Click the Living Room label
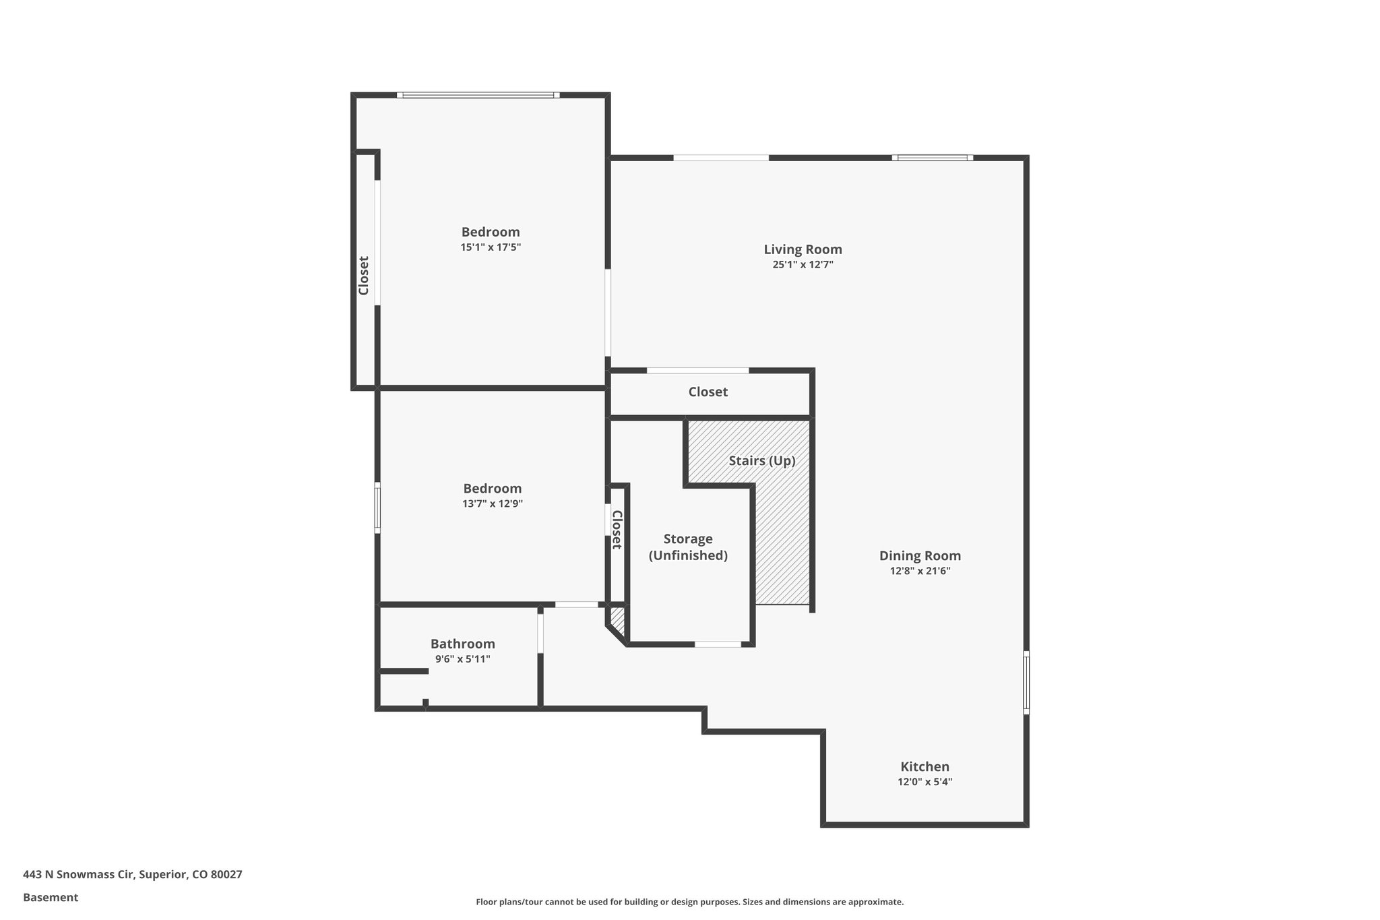[x=803, y=249]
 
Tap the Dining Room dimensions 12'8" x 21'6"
[x=920, y=571]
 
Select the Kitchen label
[x=924, y=766]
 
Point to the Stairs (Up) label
[x=762, y=461]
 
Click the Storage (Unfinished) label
[x=688, y=547]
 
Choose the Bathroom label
[x=462, y=644]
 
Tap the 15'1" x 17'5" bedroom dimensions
[x=491, y=247]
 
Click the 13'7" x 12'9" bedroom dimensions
[x=493, y=503]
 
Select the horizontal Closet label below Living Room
[x=708, y=392]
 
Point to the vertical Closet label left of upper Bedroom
[x=364, y=275]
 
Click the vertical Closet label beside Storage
[x=616, y=530]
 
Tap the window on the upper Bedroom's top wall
[x=478, y=95]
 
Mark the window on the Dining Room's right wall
[x=1026, y=681]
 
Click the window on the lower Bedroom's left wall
[x=377, y=508]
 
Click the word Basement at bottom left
[x=51, y=897]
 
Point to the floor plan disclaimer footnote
[x=689, y=902]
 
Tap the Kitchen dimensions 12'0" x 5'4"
[x=924, y=782]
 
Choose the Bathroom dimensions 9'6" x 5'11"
[x=462, y=659]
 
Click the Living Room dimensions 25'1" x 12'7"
[x=803, y=265]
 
